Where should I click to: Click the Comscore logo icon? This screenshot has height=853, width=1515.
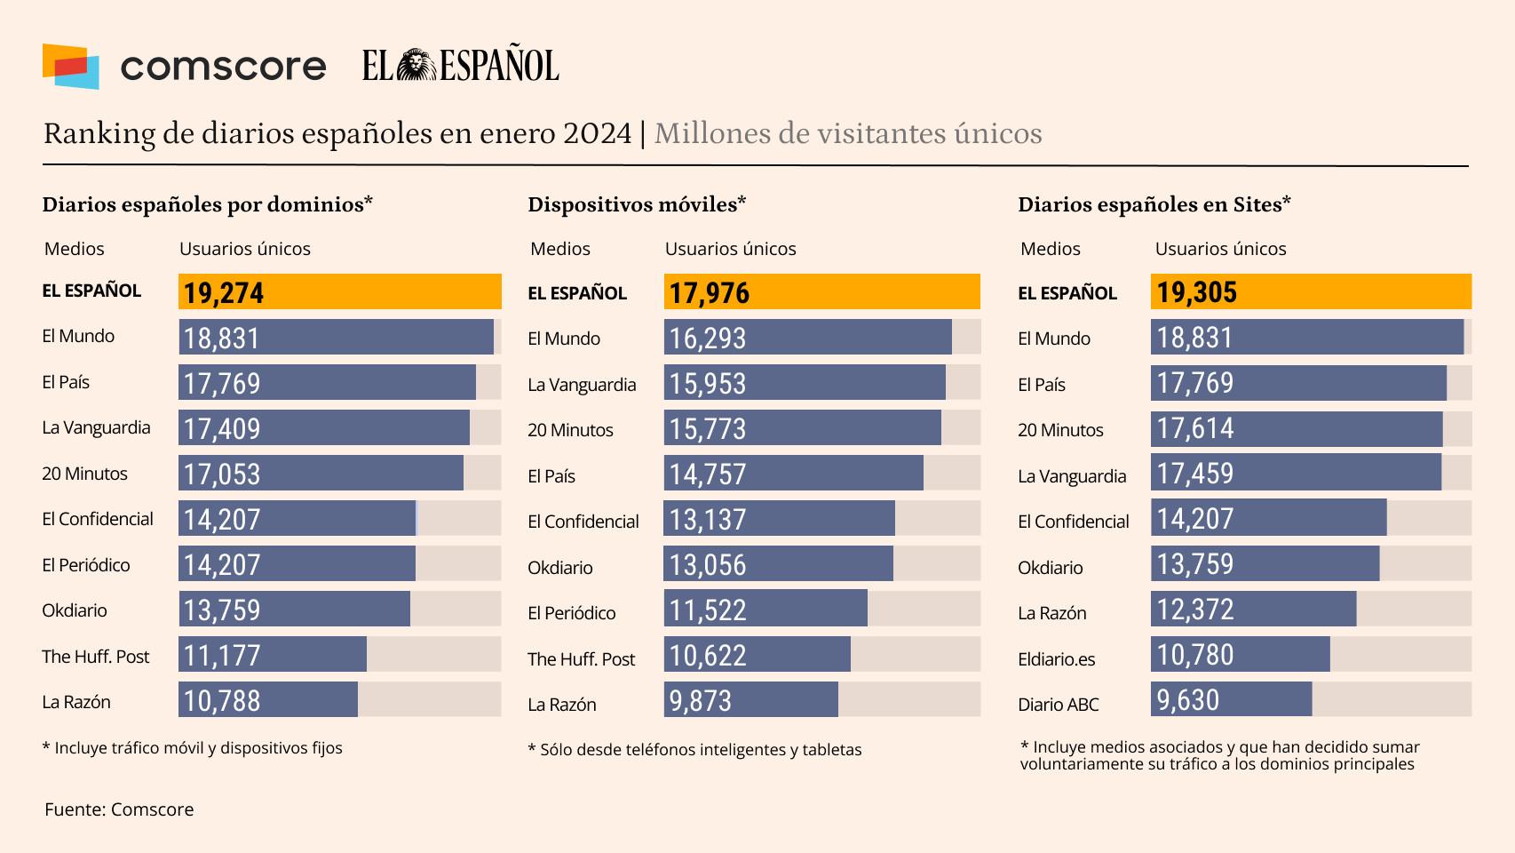tap(70, 66)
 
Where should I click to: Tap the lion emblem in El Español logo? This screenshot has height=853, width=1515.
tap(416, 65)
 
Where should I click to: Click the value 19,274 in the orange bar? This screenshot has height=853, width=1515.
tap(224, 292)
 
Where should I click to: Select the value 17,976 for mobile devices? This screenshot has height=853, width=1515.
tap(709, 292)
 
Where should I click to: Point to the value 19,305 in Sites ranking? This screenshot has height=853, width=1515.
tap(1196, 291)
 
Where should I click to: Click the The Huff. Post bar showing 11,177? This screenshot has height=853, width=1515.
tap(273, 655)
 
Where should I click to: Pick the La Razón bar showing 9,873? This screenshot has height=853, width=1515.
tap(750, 700)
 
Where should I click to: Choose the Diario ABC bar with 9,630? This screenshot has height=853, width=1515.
tap(1231, 700)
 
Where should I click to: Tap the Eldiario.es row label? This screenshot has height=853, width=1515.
tap(1056, 659)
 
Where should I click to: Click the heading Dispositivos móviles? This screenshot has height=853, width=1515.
tap(636, 204)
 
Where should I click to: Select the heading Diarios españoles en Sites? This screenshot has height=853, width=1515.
tap(1154, 204)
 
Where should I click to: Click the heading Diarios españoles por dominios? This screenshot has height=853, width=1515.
tap(207, 204)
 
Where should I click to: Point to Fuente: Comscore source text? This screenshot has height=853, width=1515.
tap(119, 809)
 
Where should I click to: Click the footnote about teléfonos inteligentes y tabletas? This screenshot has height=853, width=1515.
tap(694, 750)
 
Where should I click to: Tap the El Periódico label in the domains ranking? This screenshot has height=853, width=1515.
tap(86, 565)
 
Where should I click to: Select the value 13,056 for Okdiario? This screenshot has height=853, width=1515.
tap(708, 565)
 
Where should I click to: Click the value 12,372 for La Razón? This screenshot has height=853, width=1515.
tap(1195, 610)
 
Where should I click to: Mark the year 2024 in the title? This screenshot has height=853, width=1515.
tap(597, 133)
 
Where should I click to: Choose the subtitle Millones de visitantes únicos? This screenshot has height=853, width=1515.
tap(848, 133)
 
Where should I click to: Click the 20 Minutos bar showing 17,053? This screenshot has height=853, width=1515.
tap(321, 474)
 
